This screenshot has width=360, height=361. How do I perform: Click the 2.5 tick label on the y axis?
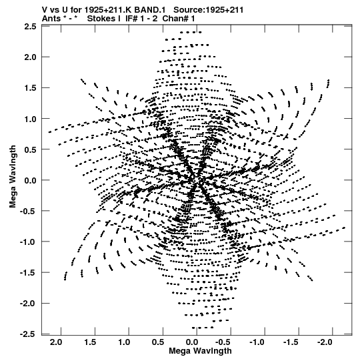(x=30, y=27)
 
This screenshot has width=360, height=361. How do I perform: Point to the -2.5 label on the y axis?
(x=28, y=334)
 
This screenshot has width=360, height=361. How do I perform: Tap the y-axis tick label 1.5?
(x=30, y=88)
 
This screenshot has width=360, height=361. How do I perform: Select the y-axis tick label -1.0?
(x=28, y=242)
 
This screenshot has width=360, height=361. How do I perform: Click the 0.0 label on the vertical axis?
(x=30, y=180)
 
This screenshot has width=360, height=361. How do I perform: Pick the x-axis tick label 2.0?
(x=56, y=342)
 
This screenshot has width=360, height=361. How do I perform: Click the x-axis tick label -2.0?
(x=325, y=342)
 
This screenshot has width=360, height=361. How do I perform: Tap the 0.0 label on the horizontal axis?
(x=192, y=342)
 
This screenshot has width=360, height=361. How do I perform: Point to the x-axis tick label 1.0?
(x=124, y=342)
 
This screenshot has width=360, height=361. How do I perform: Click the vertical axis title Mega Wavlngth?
(x=13, y=176)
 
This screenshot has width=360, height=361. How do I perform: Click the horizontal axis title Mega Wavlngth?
(x=200, y=351)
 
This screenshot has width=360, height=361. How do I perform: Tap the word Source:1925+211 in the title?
(x=209, y=10)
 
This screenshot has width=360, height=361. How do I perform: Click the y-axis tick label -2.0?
(x=28, y=304)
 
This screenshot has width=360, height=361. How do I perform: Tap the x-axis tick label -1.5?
(x=291, y=342)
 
